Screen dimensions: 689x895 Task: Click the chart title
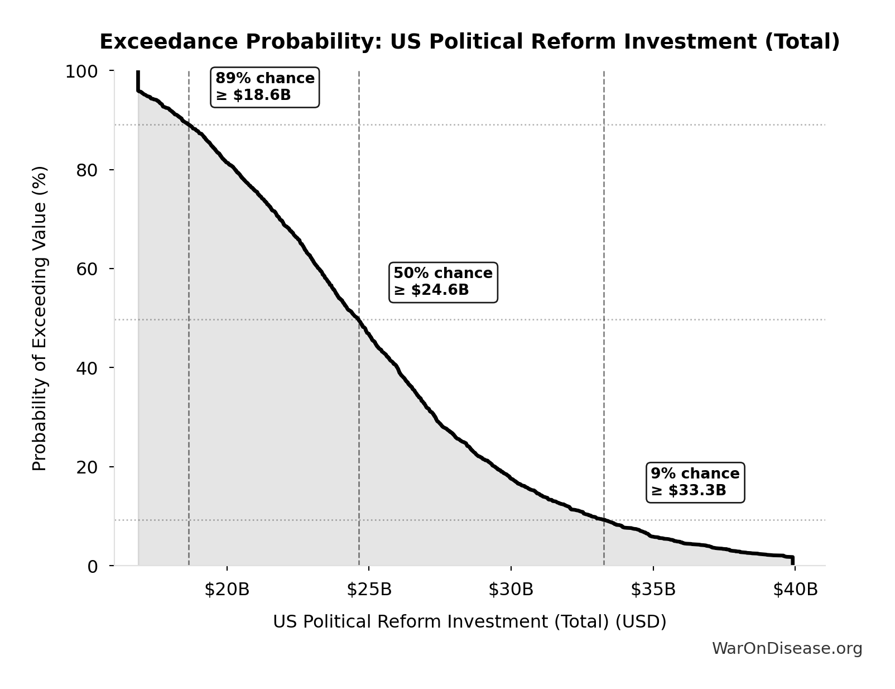tap(469, 42)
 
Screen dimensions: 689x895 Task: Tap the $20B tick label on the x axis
tap(227, 590)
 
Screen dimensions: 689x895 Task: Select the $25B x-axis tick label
tap(369, 590)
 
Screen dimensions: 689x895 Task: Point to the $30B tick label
tap(511, 590)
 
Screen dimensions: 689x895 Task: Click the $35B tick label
tap(653, 590)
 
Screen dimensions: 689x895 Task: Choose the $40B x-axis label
tap(795, 590)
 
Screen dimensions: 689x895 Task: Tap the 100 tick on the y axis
tap(81, 71)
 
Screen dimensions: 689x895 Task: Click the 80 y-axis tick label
tap(87, 170)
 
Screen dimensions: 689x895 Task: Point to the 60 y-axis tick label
tap(87, 269)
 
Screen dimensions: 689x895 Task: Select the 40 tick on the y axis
tap(87, 367)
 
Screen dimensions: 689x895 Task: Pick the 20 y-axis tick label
tap(87, 467)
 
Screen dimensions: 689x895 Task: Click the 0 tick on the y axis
tap(93, 566)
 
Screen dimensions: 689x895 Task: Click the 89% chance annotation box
tap(264, 87)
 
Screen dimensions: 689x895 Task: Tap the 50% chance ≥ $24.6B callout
tap(443, 282)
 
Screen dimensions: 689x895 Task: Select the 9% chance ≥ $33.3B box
tap(695, 482)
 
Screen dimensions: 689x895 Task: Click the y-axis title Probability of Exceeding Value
tap(40, 318)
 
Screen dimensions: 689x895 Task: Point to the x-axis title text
tap(469, 621)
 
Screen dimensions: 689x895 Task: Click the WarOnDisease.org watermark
tap(787, 648)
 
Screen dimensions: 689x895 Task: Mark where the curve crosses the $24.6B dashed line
tap(359, 320)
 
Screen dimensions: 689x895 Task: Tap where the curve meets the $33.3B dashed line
tap(604, 520)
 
